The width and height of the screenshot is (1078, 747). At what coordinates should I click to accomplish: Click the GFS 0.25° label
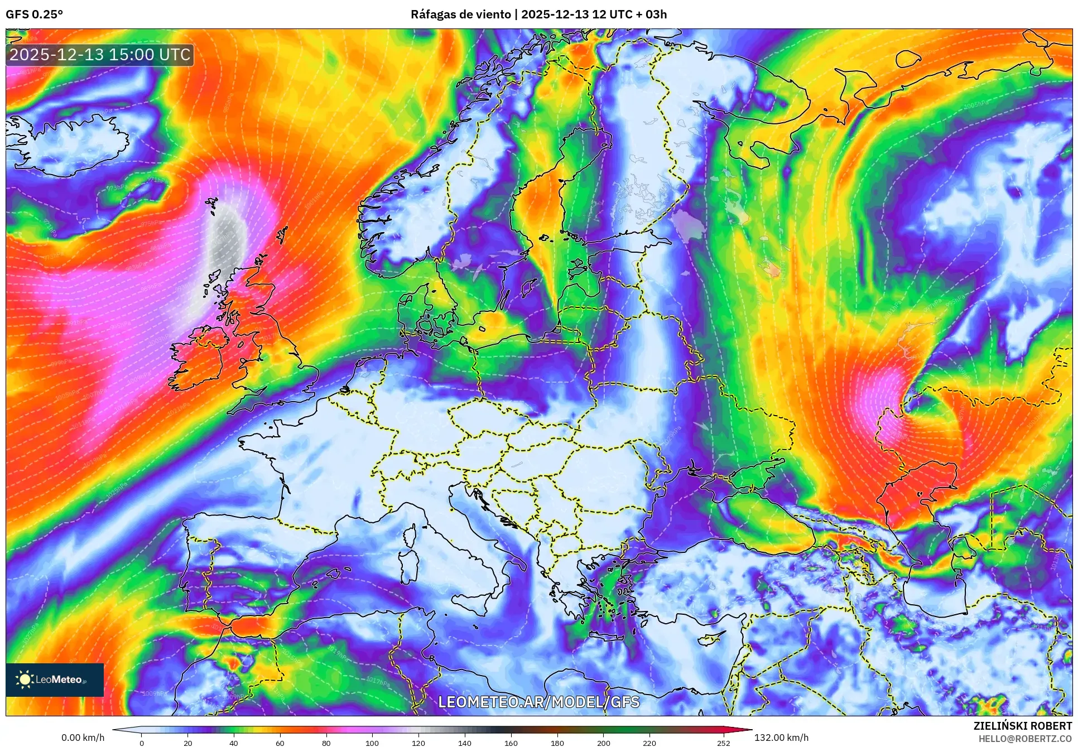34,15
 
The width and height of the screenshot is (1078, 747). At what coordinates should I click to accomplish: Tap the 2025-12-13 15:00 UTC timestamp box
100,55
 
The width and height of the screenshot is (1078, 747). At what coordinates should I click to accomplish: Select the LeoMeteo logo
55,679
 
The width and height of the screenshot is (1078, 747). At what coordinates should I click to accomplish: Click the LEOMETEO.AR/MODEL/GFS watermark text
538,702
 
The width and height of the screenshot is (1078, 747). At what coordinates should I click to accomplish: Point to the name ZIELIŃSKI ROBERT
1022,726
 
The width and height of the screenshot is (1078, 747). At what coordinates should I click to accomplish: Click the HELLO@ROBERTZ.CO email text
1025,738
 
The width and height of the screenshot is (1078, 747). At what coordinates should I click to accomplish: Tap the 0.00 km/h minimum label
83,738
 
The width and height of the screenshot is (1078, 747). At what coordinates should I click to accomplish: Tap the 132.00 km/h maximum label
781,738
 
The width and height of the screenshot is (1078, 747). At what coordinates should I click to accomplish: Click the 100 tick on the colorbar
372,743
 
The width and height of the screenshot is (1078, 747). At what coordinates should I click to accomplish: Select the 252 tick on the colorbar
724,743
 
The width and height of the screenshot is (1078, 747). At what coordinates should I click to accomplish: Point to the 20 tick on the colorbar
188,743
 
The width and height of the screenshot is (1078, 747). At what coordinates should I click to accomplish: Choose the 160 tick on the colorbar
511,743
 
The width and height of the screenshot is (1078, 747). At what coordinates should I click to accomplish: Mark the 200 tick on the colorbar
603,743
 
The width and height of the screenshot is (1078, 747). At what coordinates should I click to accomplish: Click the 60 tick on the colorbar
280,743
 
